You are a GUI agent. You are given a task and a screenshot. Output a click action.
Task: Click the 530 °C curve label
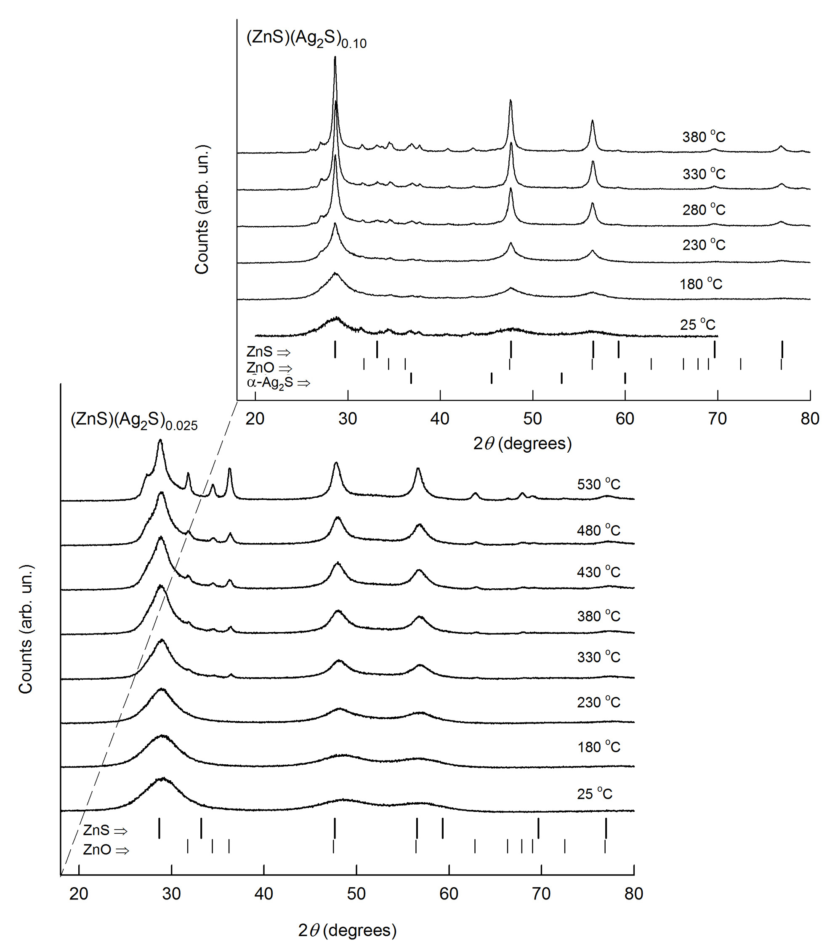[598, 484]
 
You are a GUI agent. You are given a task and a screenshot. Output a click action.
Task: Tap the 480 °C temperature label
[598, 530]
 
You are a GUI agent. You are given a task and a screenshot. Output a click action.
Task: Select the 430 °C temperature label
[598, 572]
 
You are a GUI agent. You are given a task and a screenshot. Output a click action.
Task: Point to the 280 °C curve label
[703, 210]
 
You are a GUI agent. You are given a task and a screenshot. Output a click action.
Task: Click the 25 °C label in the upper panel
[697, 324]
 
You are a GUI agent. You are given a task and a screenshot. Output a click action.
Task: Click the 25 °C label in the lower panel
[594, 793]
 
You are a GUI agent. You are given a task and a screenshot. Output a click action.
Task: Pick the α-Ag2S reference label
[278, 383]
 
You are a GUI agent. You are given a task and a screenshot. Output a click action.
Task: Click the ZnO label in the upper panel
[269, 368]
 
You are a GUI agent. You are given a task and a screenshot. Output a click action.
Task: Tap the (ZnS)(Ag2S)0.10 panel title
[306, 39]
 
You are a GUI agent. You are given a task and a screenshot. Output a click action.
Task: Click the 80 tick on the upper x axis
[809, 419]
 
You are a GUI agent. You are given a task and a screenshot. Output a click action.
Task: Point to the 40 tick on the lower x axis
[264, 894]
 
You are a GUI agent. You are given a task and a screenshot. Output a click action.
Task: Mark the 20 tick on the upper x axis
[255, 419]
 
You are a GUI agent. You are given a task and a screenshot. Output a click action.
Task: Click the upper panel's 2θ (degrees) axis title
[522, 444]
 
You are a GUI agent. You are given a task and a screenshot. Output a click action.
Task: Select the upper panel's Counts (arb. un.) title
[202, 210]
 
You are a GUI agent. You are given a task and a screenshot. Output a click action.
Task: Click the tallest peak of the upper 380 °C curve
[335, 58]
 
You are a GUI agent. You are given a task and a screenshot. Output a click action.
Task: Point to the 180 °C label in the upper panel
[700, 283]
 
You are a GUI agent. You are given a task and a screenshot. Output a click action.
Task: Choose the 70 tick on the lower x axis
[541, 894]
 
